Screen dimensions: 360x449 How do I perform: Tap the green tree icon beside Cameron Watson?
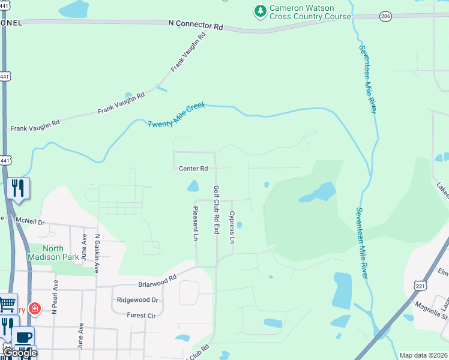click(260, 11)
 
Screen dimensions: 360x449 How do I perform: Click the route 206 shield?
click(386, 17)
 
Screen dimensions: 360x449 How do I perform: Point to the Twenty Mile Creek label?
click(176, 114)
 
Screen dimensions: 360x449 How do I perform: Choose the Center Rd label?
click(193, 169)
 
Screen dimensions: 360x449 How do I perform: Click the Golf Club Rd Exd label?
click(217, 209)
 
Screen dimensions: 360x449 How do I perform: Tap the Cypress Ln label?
click(231, 227)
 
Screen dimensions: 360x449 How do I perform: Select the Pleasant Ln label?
click(195, 223)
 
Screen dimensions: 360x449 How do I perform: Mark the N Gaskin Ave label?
click(96, 252)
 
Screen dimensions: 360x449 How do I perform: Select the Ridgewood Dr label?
click(137, 299)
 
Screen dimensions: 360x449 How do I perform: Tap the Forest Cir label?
click(141, 315)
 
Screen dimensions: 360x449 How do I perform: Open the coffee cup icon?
click(23, 337)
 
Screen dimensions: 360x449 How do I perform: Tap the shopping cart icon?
click(7, 304)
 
